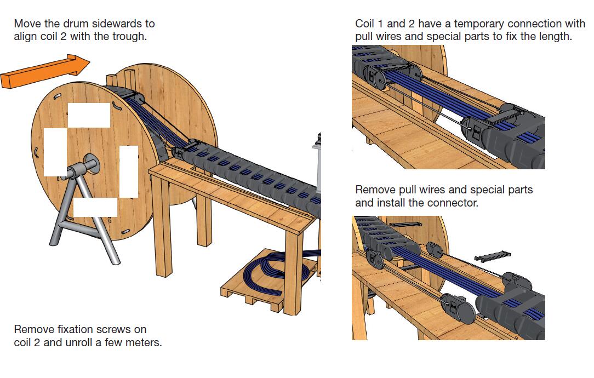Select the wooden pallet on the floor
coord(263,285)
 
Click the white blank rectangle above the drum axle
coord(89,115)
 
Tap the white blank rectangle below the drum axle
coord(95,207)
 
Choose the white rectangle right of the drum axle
coord(129,171)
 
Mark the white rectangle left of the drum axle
coord(55,152)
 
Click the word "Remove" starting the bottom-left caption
coord(32,330)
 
